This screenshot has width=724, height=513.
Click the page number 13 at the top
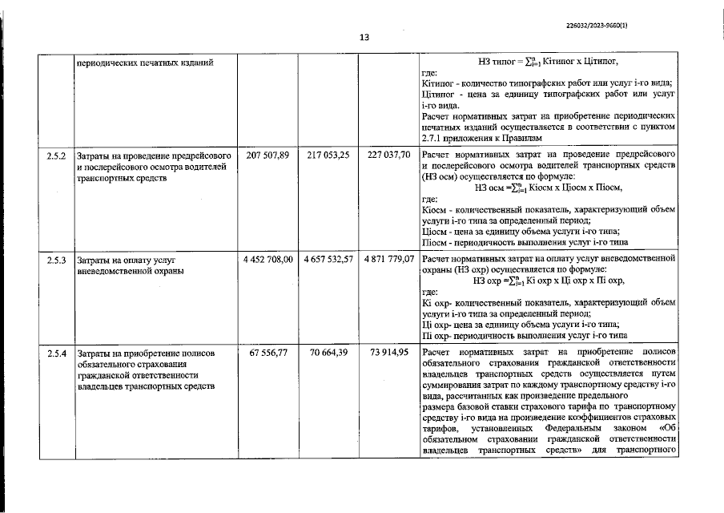364,37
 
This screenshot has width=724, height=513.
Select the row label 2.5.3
57,260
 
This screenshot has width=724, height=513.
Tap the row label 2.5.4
57,353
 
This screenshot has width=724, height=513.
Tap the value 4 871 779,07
388,260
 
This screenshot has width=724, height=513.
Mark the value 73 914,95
388,353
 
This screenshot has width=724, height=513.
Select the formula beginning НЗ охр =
548,281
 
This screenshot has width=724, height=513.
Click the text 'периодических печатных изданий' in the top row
146,62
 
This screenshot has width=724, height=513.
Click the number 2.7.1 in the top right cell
434,138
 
